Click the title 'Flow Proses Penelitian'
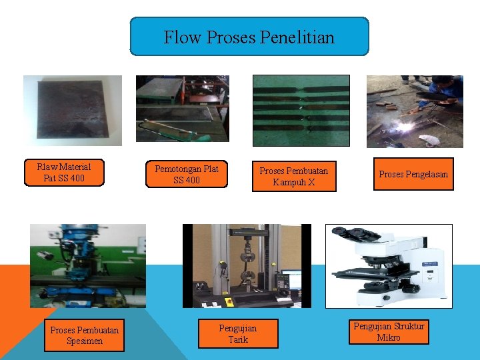249,37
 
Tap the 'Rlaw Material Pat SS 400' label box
64,173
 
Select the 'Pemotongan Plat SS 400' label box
186,175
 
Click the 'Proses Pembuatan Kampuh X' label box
293,177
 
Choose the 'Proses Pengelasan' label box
413,175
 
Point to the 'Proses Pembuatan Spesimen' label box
85,335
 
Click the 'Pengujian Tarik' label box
238,334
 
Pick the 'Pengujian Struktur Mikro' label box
389,331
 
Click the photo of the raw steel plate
73,110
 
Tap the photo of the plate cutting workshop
183,108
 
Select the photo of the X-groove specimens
301,110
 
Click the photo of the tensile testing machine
247,265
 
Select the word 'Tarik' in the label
238,340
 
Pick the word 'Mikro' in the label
389,337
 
